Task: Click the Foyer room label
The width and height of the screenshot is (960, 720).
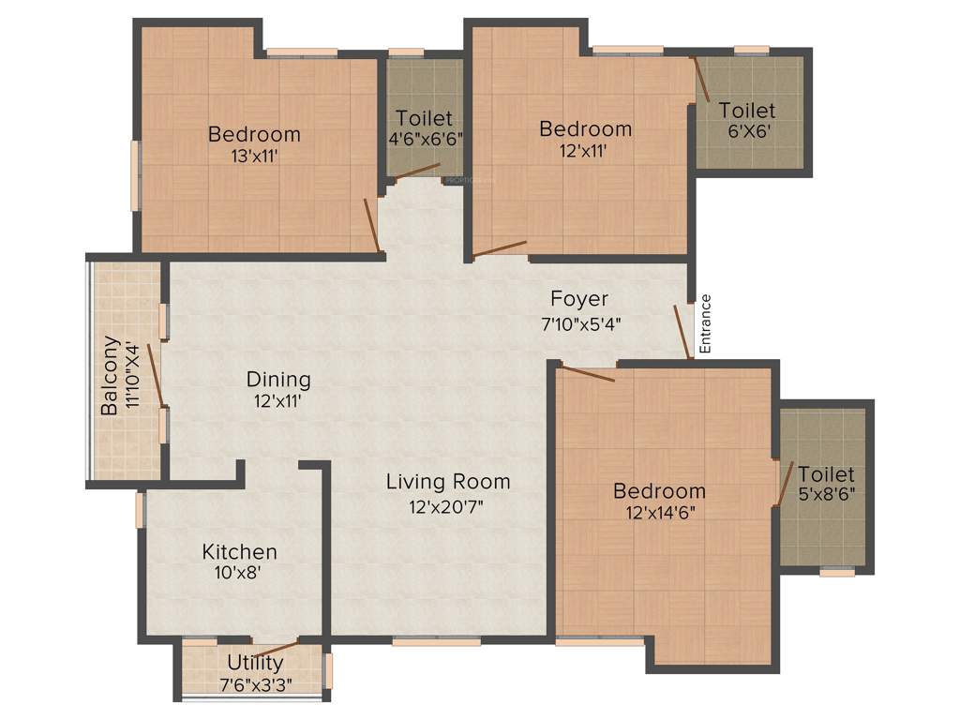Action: (x=578, y=299)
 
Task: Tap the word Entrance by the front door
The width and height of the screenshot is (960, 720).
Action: (x=706, y=323)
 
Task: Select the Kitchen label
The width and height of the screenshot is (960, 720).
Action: (x=240, y=552)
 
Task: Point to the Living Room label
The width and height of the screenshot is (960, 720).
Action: (x=448, y=482)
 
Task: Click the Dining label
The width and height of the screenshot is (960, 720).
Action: (x=278, y=380)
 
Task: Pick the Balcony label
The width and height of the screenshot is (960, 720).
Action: (x=111, y=375)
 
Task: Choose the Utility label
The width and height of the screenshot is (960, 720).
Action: (x=255, y=664)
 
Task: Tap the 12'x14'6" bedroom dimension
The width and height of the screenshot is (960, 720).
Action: (x=659, y=513)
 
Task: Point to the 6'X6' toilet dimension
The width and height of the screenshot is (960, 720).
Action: (x=746, y=132)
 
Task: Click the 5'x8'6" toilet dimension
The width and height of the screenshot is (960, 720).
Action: (x=827, y=494)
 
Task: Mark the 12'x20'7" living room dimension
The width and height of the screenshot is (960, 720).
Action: (x=448, y=506)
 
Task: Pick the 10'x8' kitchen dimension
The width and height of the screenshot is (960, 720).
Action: (x=240, y=574)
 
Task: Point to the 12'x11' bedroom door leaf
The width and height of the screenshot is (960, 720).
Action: (x=500, y=247)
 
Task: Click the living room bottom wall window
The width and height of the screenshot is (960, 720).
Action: (x=436, y=642)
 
